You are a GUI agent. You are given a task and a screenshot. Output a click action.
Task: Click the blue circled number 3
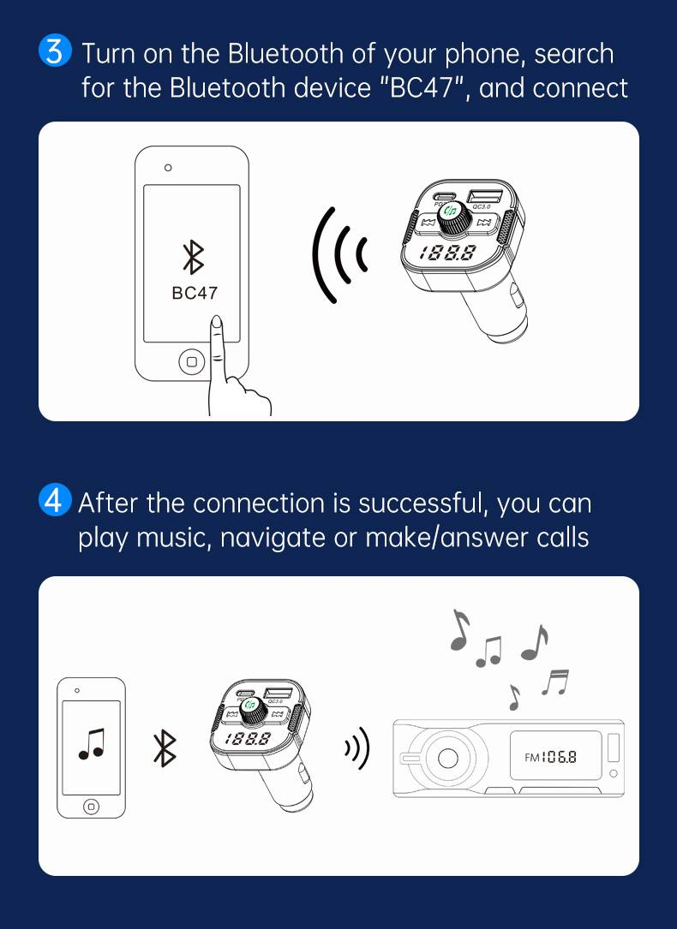tap(53, 53)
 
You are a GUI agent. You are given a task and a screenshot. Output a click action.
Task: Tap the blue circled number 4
tap(53, 502)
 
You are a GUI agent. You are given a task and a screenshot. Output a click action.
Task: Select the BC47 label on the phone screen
tap(195, 293)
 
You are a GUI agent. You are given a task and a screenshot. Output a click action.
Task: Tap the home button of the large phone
tap(191, 362)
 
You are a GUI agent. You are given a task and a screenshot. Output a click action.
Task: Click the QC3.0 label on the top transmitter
tap(482, 205)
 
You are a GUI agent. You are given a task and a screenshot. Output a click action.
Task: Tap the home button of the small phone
tap(91, 806)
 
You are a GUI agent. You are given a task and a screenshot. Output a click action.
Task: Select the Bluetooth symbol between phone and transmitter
tap(164, 747)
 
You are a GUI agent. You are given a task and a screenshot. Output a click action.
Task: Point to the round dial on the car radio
tap(446, 758)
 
